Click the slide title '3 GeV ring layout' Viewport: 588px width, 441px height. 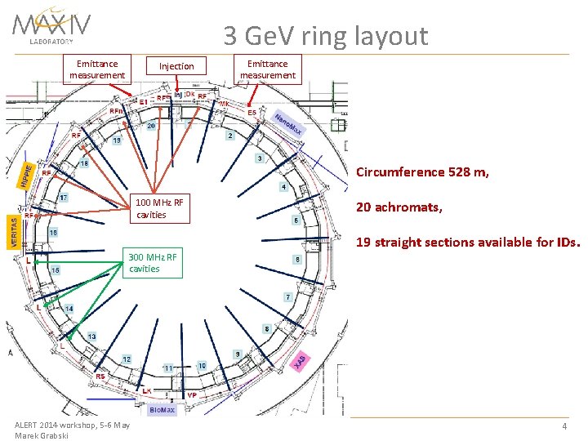click(326, 35)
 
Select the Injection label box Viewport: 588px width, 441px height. click(176, 66)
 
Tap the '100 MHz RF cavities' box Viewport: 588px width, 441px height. click(160, 209)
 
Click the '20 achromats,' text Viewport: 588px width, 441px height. click(399, 208)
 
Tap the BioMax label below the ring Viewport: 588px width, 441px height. click(162, 408)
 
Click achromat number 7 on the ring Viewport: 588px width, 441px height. click(287, 296)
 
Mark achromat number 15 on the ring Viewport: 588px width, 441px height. click(56, 270)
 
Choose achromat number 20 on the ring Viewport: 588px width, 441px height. click(151, 127)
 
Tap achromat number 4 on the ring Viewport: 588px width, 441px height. click(283, 187)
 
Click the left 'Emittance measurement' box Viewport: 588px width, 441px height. click(97, 69)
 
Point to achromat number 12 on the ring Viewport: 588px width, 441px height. click(127, 359)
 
